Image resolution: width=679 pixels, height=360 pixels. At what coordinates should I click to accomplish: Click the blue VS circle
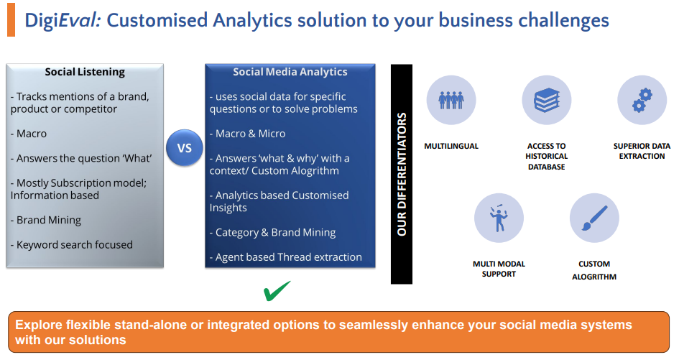185,148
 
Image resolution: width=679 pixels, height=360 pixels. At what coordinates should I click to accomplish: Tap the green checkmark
277,291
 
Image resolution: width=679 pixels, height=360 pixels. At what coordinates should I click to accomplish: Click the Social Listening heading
85,72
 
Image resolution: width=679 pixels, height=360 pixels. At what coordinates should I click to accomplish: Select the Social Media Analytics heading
290,72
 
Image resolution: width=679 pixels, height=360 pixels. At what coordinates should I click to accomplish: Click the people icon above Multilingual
451,100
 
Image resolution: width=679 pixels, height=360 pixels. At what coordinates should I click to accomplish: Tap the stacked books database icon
547,100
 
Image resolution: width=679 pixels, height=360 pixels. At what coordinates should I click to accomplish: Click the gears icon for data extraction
642,100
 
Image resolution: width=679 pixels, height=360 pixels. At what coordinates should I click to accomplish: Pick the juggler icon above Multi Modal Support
499,218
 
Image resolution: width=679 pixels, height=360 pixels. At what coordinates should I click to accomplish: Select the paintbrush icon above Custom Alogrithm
594,218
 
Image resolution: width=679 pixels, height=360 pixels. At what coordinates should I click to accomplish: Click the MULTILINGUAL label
451,146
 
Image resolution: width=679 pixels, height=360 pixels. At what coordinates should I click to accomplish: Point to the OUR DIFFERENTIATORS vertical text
402,174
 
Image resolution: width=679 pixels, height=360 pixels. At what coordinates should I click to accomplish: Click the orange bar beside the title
11,20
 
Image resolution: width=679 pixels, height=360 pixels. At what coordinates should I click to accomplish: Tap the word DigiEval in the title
63,20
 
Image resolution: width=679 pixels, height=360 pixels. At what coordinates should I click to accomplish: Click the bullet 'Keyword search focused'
72,245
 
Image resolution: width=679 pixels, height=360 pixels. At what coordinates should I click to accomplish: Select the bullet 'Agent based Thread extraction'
286,257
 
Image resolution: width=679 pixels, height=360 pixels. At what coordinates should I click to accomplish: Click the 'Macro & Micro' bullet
248,134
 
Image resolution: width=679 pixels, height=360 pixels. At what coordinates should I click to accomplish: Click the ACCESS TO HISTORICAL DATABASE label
547,157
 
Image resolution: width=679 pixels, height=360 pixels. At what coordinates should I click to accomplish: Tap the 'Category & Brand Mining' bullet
273,233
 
